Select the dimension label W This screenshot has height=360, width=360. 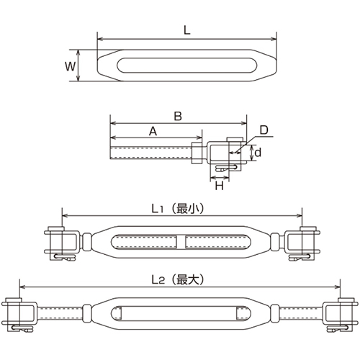pyautogui.click(x=69, y=66)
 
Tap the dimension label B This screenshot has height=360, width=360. pyautogui.click(x=177, y=114)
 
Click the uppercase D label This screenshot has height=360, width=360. pyautogui.click(x=264, y=130)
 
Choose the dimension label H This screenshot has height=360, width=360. pyautogui.click(x=220, y=186)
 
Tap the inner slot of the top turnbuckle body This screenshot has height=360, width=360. pyautogui.click(x=186, y=66)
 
